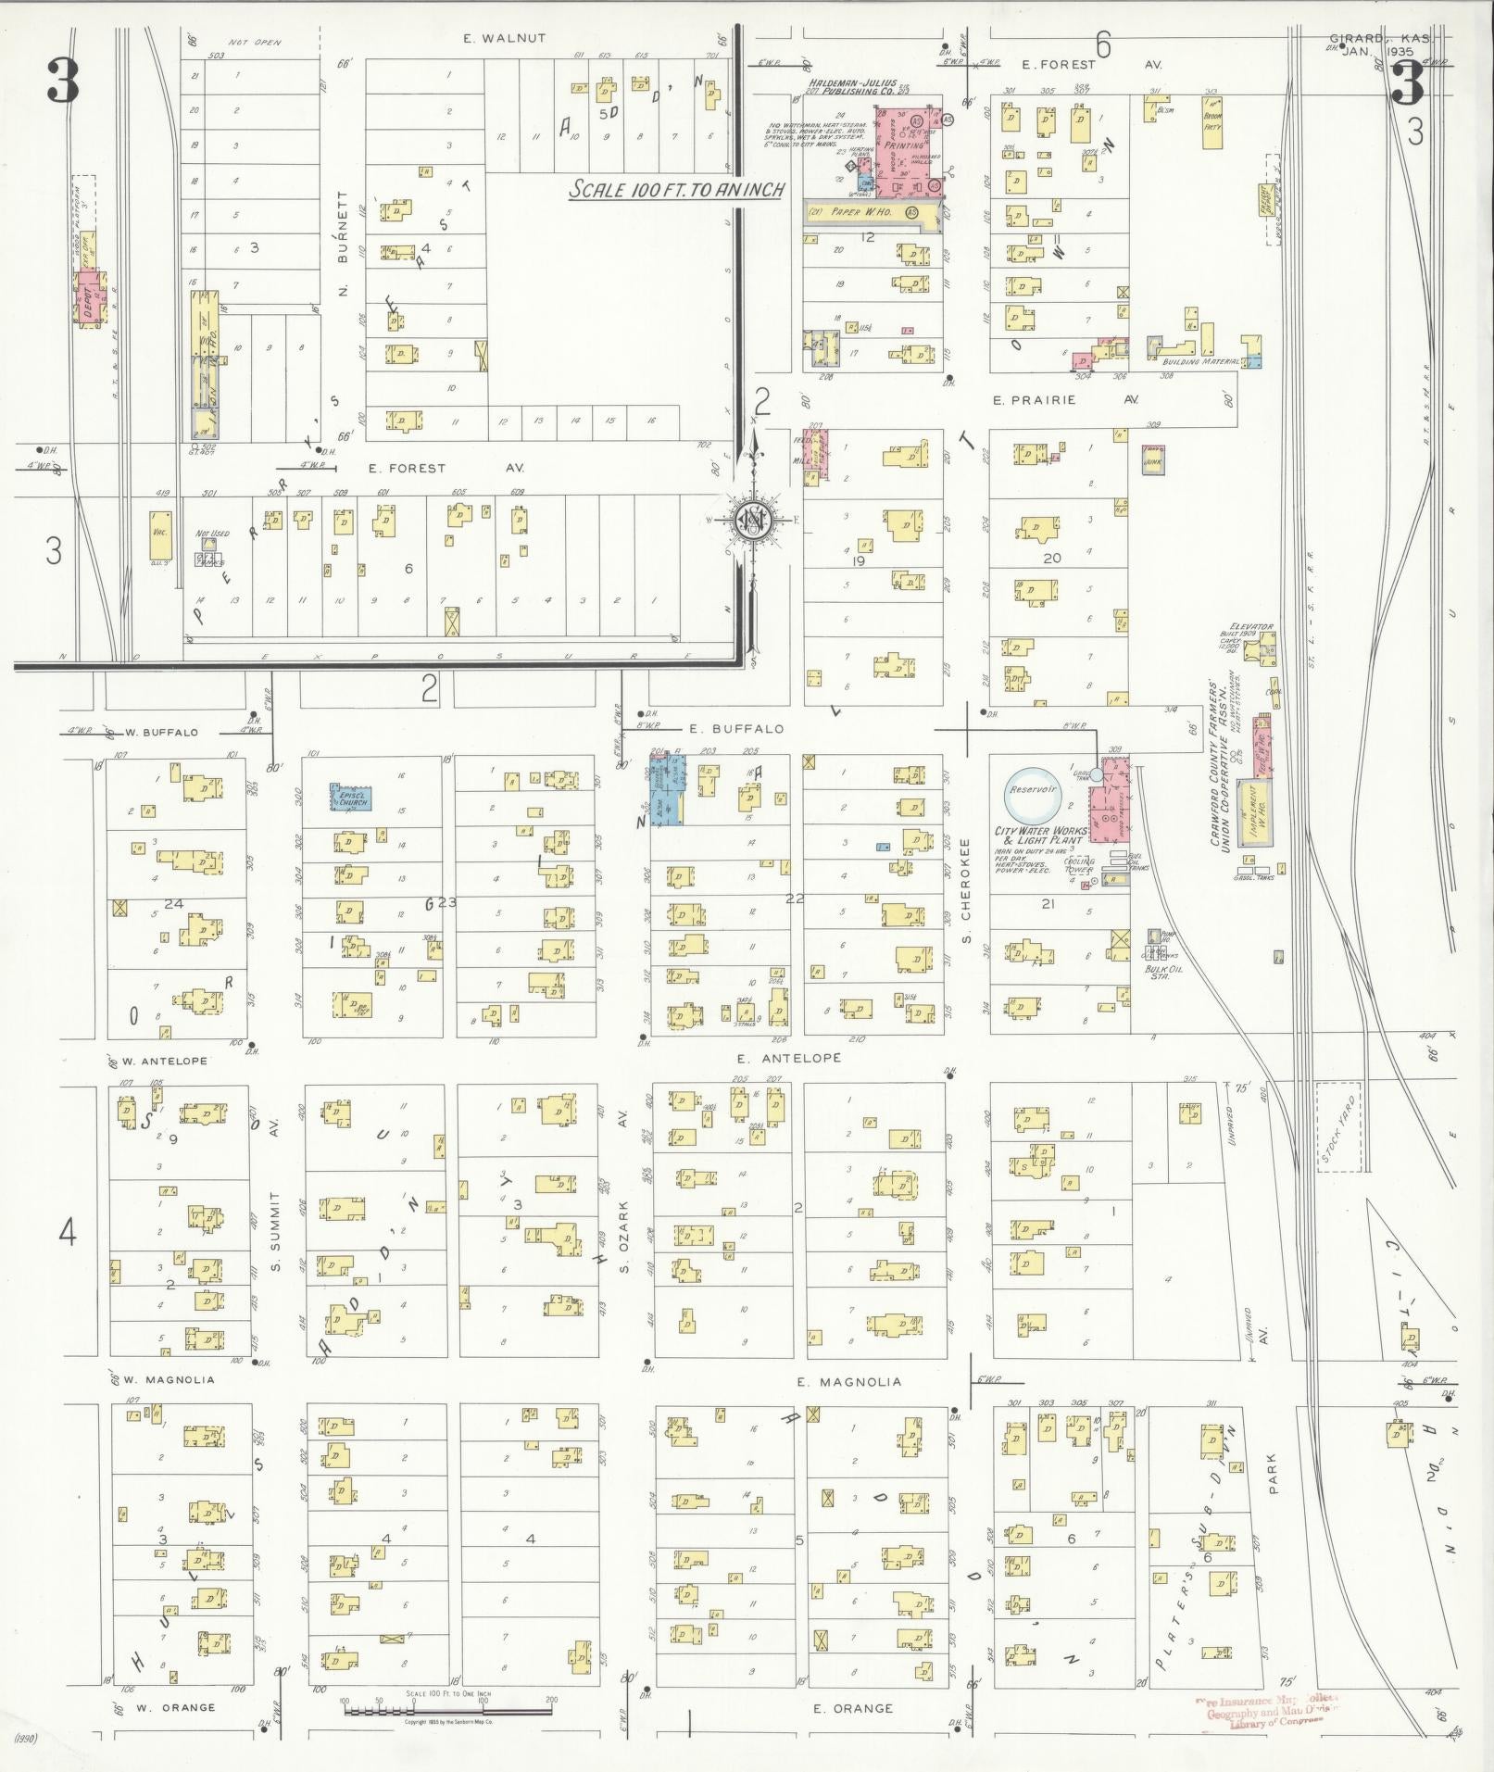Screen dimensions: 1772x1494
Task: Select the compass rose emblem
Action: click(x=752, y=521)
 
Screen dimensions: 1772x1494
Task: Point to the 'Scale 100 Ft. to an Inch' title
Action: click(x=677, y=190)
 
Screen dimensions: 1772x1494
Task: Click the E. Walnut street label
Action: click(x=505, y=39)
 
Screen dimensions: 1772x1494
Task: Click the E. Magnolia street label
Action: click(x=848, y=1382)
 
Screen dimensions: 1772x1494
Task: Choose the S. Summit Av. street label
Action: click(x=275, y=1204)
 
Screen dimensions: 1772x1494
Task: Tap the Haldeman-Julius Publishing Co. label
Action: click(x=859, y=85)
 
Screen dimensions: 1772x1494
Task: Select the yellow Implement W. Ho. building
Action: click(x=1254, y=812)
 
